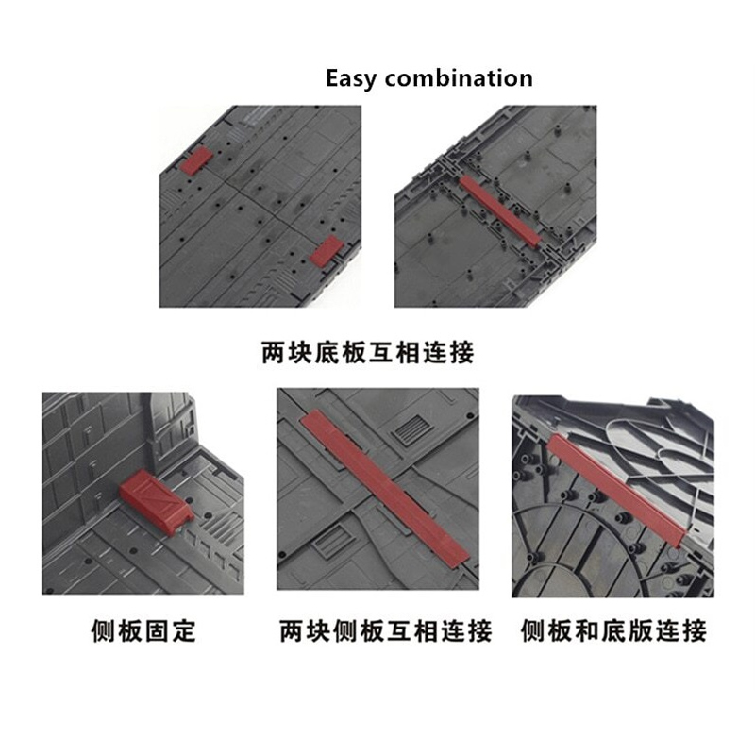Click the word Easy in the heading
(352, 78)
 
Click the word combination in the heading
(459, 78)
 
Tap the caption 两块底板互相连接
(368, 352)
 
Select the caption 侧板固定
(143, 630)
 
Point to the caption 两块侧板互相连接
(386, 630)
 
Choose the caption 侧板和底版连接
(614, 630)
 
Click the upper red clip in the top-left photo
(196, 160)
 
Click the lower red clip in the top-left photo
(326, 251)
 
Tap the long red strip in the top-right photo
(500, 211)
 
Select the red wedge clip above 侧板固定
(156, 500)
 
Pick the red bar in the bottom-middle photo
(384, 486)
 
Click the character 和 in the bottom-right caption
(587, 630)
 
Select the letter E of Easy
(333, 78)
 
